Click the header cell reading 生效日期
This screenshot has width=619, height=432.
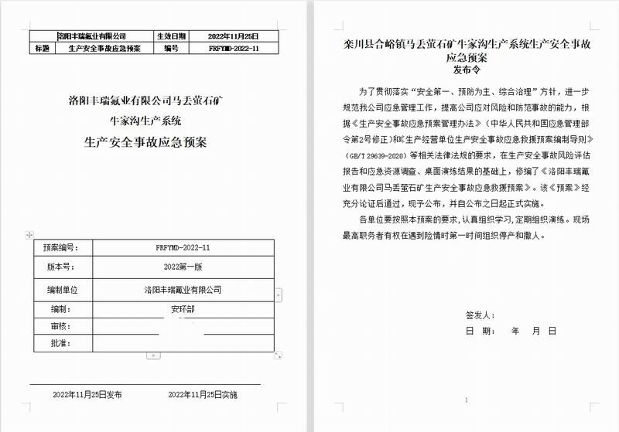click(x=171, y=36)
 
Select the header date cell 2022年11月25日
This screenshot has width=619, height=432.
click(x=233, y=36)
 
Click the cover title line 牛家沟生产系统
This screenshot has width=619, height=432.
click(x=145, y=121)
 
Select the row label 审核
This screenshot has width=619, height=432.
click(x=55, y=326)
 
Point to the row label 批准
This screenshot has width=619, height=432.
click(x=55, y=342)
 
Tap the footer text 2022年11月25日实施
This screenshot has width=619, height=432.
click(x=203, y=394)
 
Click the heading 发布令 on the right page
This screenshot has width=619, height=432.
click(x=466, y=69)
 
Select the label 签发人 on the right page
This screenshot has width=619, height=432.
click(x=479, y=315)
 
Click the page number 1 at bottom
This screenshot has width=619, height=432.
click(x=467, y=400)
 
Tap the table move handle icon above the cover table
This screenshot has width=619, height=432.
click(x=29, y=233)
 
